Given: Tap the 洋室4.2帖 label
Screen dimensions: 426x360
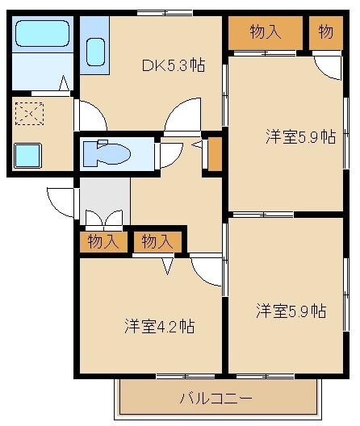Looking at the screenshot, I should coord(159,327).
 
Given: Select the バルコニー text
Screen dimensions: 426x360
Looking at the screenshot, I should coord(216,398).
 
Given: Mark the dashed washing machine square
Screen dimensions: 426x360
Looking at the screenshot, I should coord(31,115).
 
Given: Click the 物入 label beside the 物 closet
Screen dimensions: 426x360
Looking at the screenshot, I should coord(265,32).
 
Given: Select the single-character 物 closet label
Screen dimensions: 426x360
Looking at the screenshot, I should coord(325,32).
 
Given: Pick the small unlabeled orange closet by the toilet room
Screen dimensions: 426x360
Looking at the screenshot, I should coord(214,155).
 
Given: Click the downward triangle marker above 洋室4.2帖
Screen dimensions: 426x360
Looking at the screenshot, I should coord(168,265).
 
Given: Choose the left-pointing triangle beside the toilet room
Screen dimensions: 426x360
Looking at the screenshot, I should coord(196,145).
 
